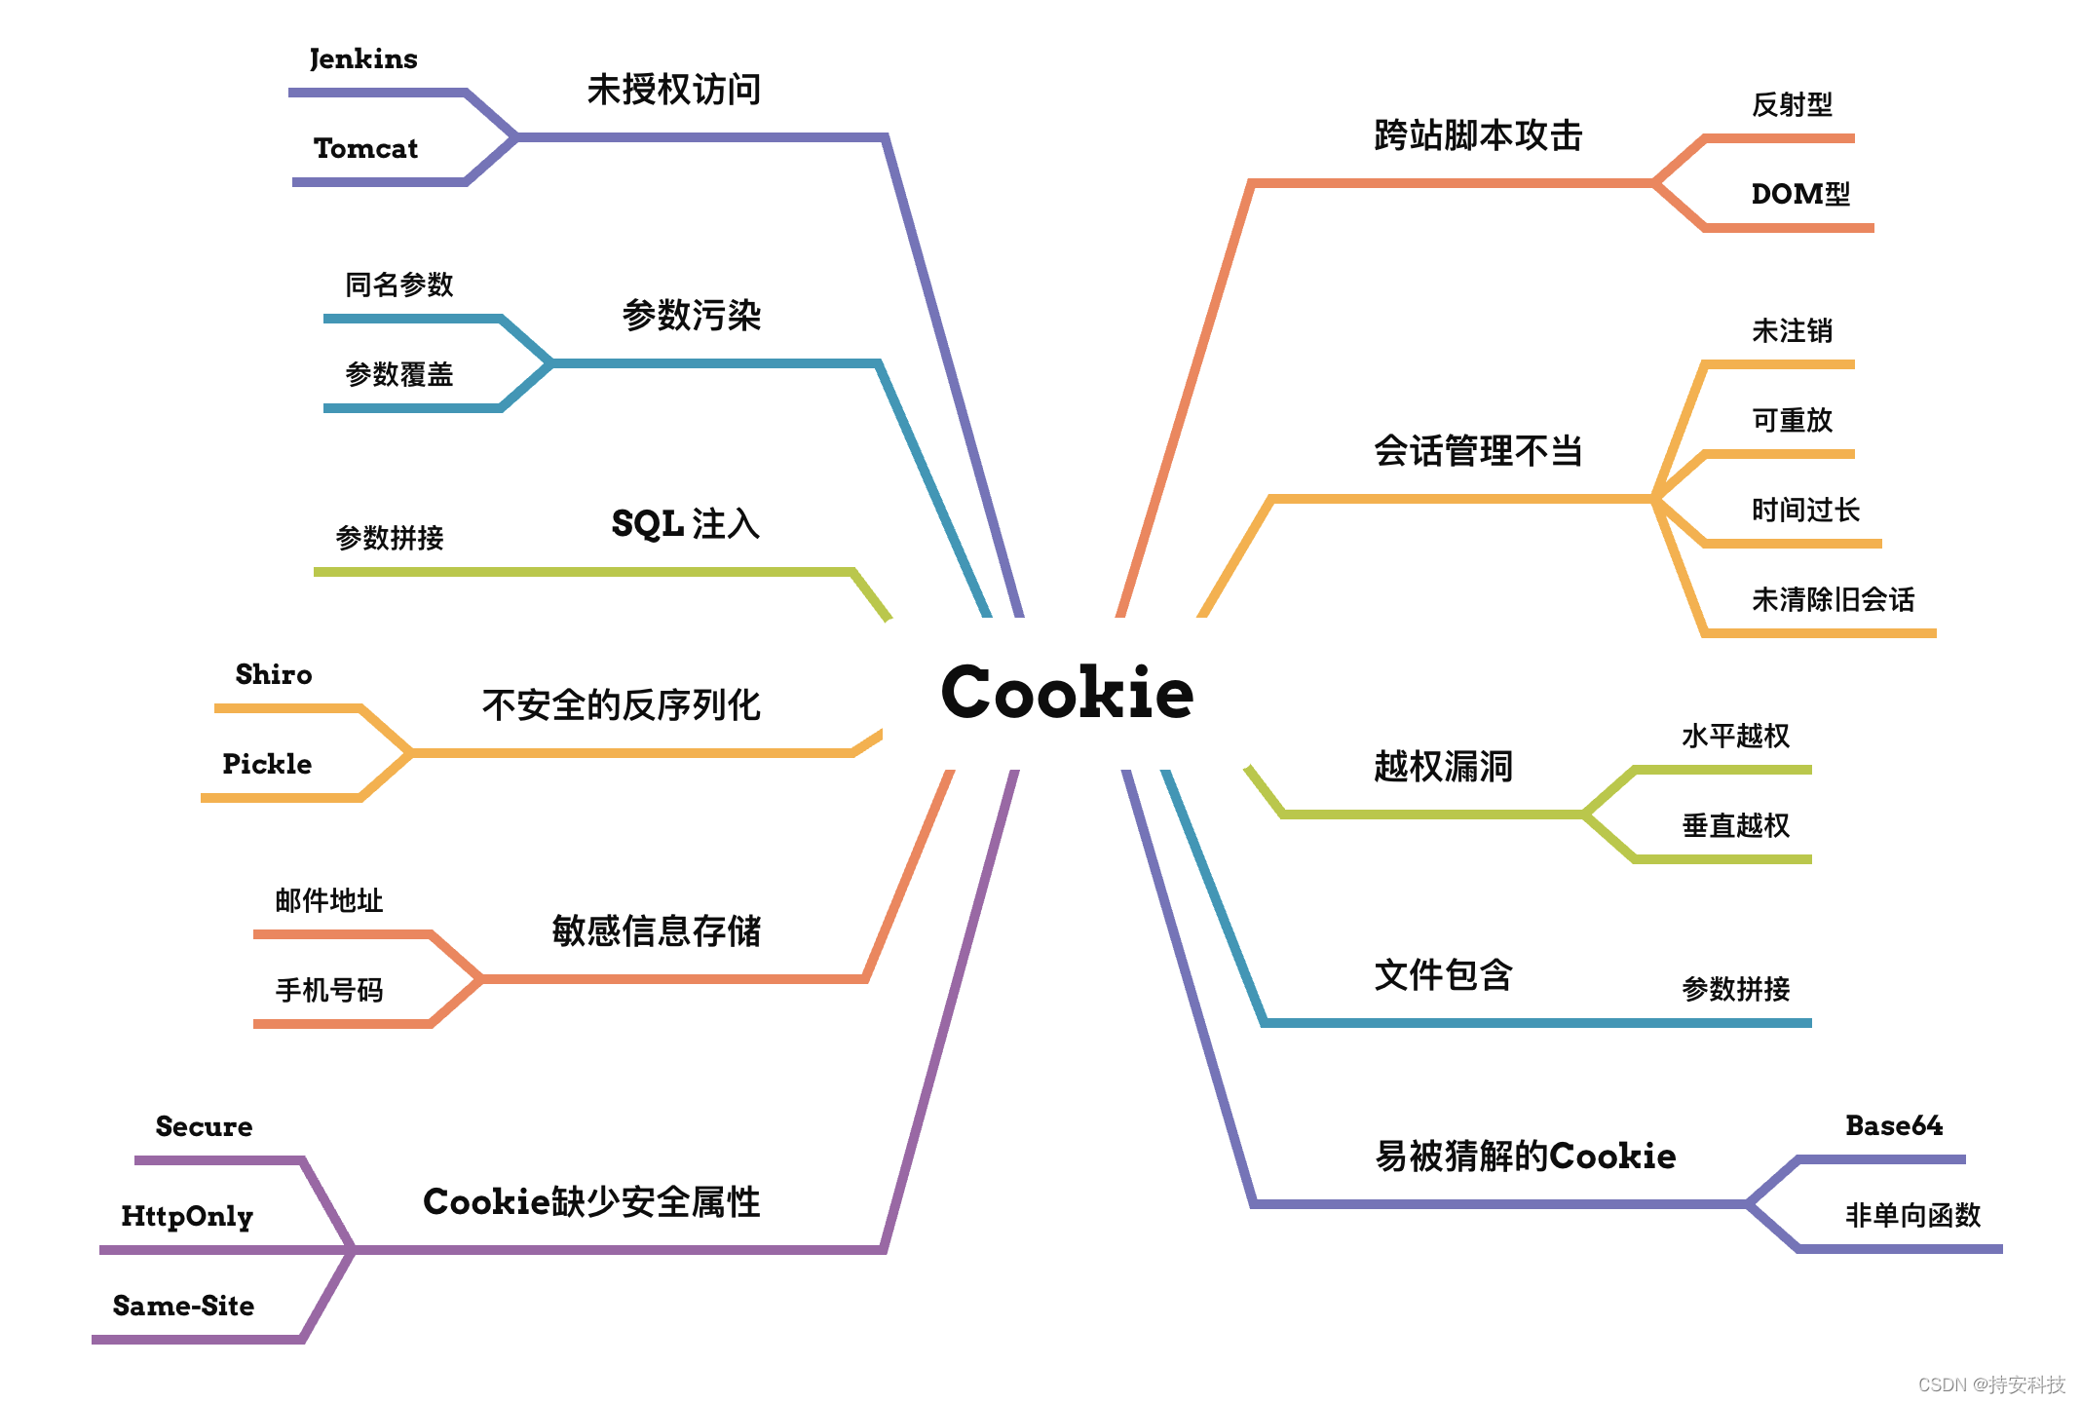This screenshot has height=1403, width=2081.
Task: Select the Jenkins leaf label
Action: point(363,59)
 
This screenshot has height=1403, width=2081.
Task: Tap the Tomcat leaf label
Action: point(365,148)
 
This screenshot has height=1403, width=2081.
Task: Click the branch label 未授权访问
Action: point(674,90)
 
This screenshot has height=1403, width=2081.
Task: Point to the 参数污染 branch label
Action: point(692,316)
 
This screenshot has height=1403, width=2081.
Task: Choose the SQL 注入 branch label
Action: point(685,524)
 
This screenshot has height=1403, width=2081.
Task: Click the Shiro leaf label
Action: point(274,674)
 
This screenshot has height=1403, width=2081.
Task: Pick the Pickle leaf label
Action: point(267,764)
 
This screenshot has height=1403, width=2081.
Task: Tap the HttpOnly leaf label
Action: point(187,1216)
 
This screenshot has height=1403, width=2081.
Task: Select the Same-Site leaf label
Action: point(183,1306)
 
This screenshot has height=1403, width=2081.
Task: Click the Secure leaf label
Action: point(204,1126)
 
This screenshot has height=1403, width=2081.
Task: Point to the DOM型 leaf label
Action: point(1800,194)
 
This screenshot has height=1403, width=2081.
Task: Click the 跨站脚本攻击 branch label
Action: point(1478,135)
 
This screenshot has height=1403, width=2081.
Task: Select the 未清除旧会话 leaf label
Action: point(1833,599)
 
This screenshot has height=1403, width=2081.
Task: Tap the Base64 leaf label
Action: point(1894,1125)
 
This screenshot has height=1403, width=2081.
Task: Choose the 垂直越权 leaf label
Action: point(1735,825)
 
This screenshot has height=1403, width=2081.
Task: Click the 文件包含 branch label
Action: point(1443,974)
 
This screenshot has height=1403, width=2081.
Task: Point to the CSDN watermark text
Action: point(1991,1384)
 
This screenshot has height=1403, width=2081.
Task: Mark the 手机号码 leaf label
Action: point(329,990)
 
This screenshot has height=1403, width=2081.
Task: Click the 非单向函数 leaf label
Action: point(1912,1215)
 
